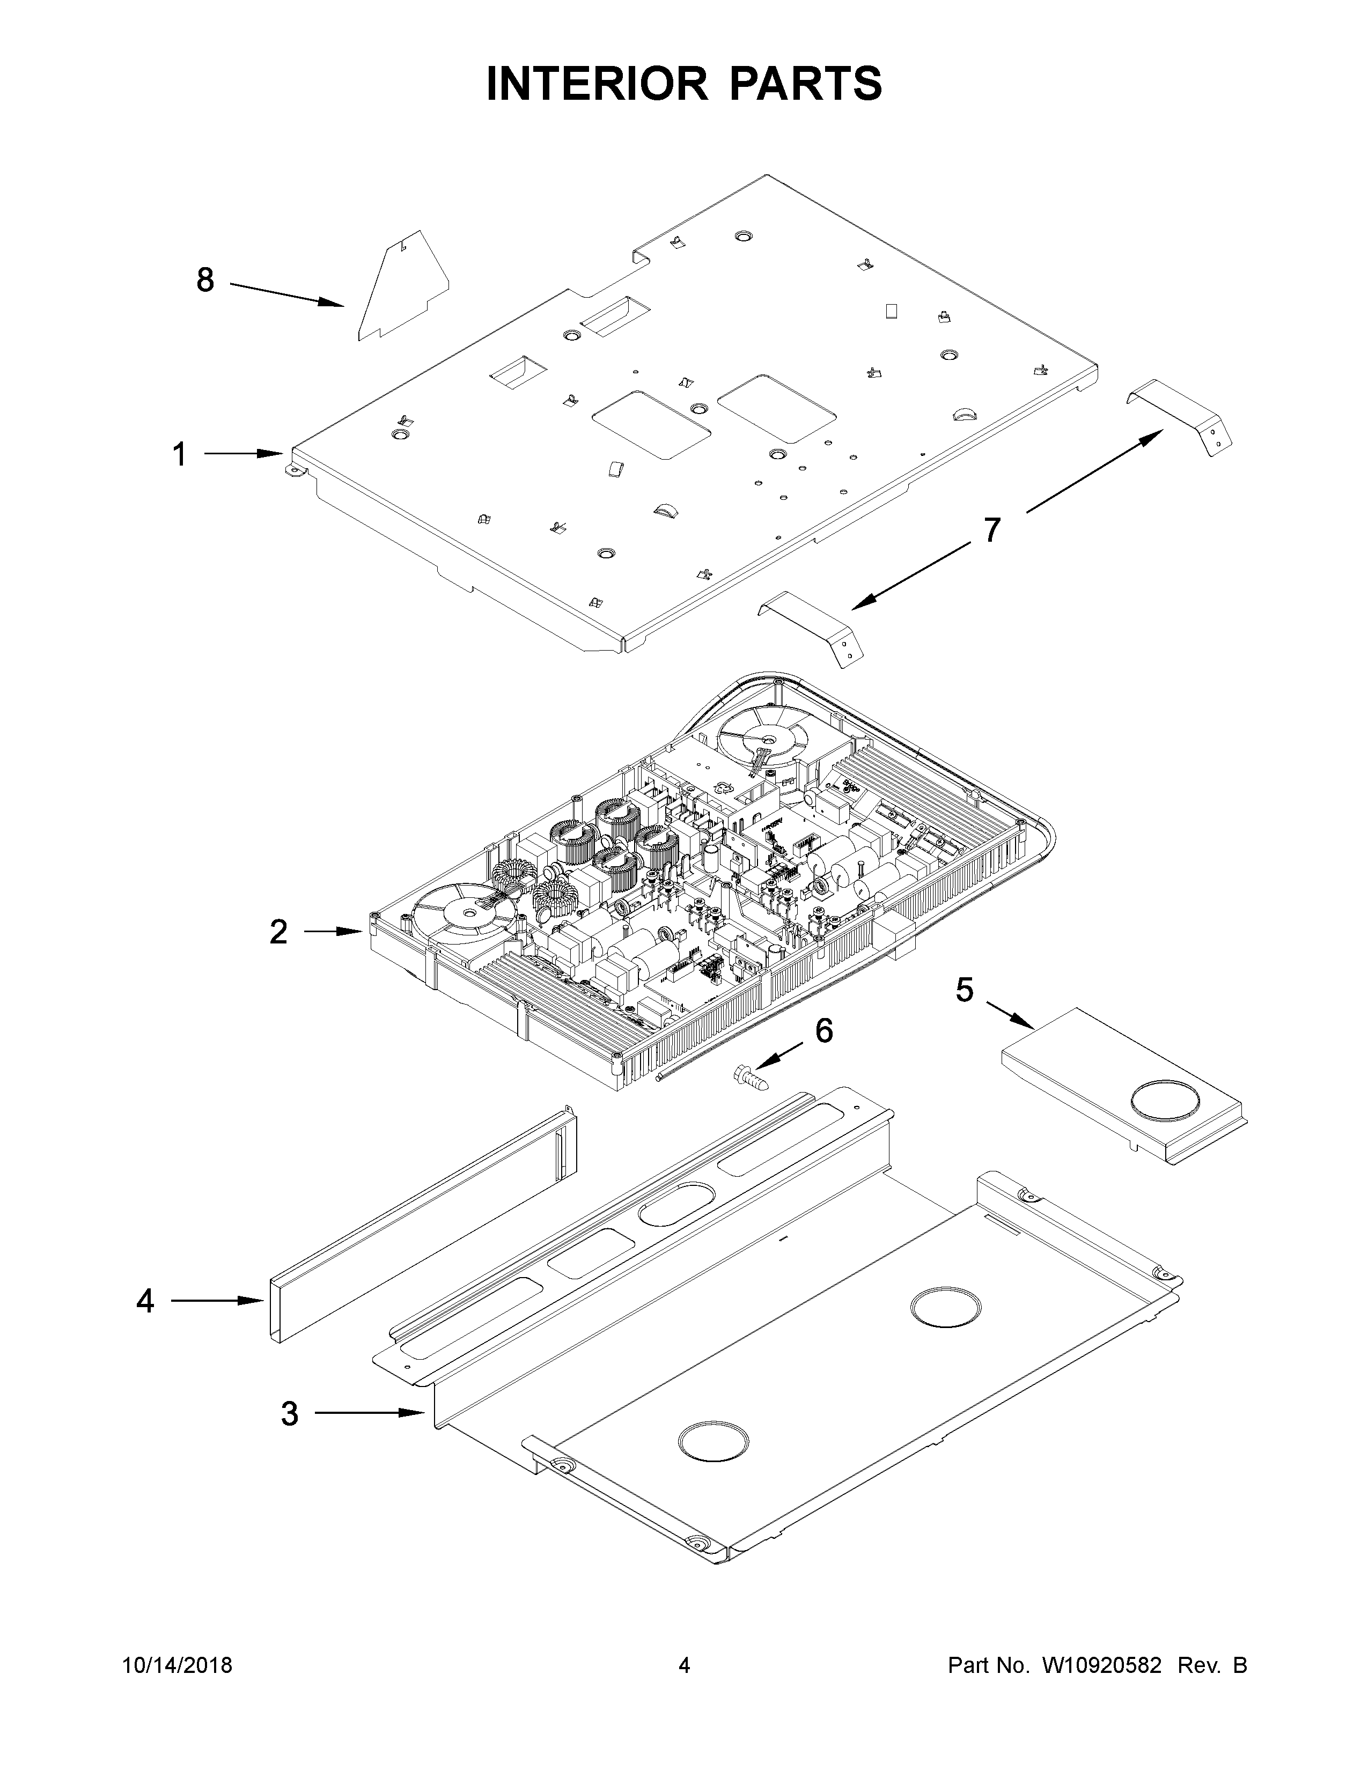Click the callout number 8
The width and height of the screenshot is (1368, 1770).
[206, 281]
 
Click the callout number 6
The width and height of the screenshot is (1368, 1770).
[823, 1031]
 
